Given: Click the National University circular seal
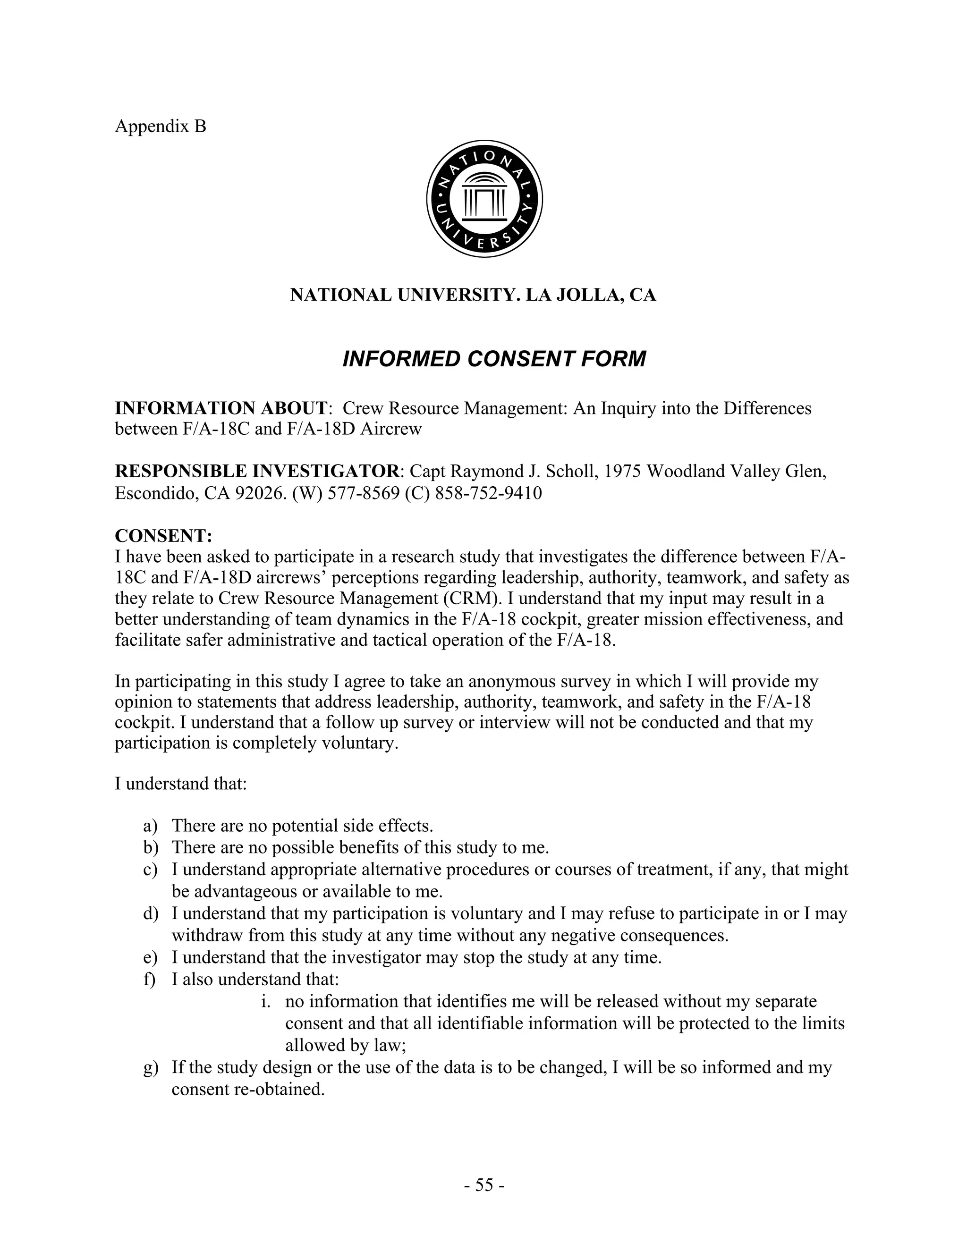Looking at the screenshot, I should (484, 199).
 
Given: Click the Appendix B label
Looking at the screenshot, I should (161, 126).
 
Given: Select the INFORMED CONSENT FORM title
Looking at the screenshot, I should (494, 359).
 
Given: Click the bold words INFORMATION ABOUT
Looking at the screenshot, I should (221, 408).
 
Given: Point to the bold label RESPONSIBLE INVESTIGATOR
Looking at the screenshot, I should (257, 472).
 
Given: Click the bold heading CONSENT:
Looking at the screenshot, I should (164, 536).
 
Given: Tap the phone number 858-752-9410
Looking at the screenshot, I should (488, 493).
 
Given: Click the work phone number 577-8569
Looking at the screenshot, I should (363, 493).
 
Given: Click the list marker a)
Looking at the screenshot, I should (150, 826).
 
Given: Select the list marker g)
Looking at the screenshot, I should (150, 1068).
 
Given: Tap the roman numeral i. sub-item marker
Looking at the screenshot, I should (265, 1002).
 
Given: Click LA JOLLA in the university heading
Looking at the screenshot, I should (573, 295).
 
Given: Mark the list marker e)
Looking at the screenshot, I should (150, 958).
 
